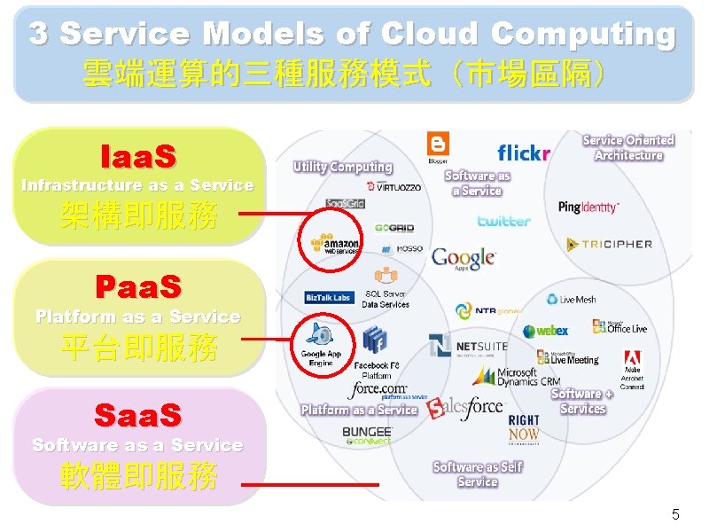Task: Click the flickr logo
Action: pos(524,153)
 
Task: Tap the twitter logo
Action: pos(503,221)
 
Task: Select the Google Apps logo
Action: pos(463,258)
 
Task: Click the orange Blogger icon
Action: pos(438,145)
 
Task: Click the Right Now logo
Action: pos(524,427)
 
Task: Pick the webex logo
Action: pos(545,331)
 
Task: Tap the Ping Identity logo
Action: pos(588,207)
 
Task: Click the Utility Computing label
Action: pos(343,167)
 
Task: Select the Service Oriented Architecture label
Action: pos(628,147)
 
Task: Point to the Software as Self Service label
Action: pos(478,474)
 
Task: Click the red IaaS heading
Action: pos(138,157)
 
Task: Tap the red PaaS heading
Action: pos(138,287)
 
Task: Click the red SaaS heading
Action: pos(138,415)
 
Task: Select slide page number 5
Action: pos(675,514)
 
